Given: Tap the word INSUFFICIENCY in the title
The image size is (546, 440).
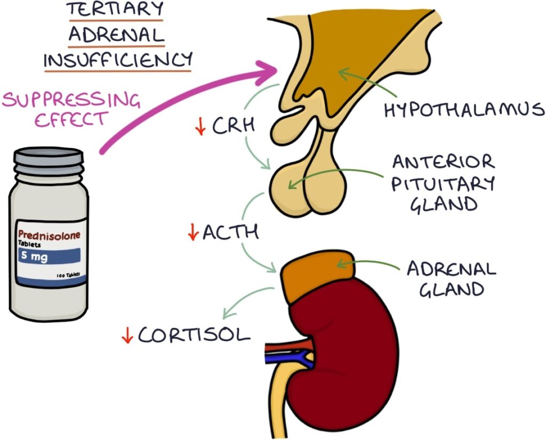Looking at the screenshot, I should tap(117, 60).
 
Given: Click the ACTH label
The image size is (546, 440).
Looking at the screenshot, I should tap(230, 232).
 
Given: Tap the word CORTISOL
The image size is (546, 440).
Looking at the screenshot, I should tap(194, 335).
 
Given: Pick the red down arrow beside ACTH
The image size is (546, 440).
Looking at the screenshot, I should tap(193, 233).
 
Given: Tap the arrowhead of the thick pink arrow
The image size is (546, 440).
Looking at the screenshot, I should tap(269, 71).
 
